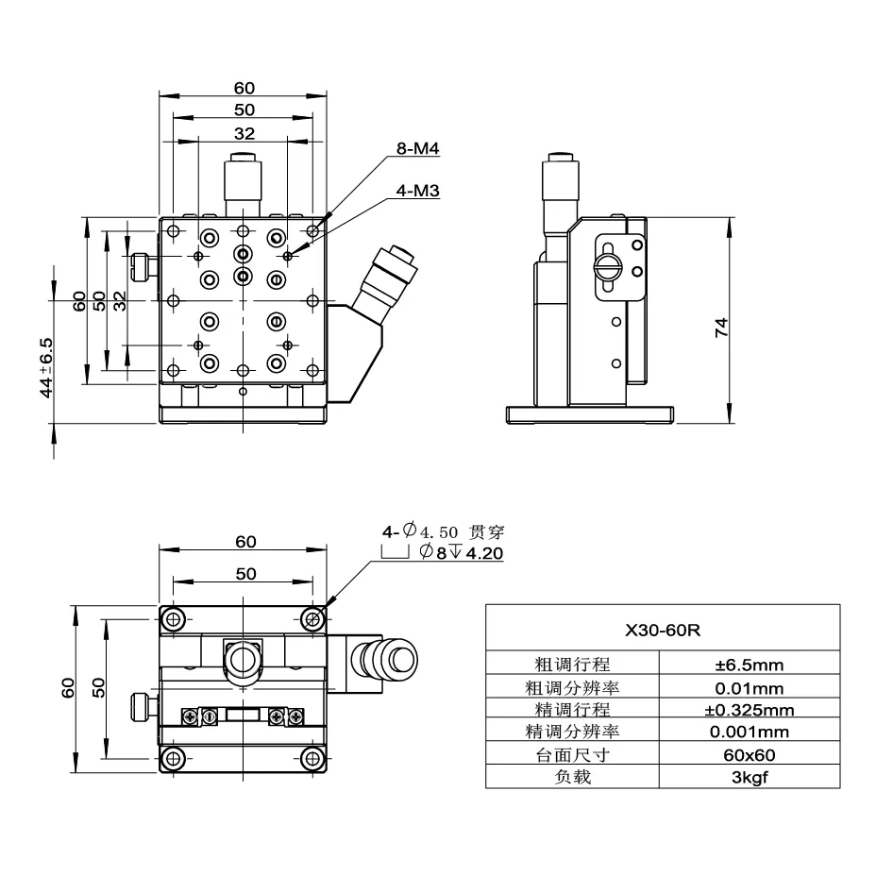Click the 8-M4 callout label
(x=418, y=149)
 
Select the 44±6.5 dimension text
(x=46, y=367)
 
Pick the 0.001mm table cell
(x=750, y=732)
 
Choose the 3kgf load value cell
(x=750, y=777)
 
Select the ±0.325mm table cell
(x=750, y=710)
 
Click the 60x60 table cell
(x=750, y=754)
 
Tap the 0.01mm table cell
(x=750, y=687)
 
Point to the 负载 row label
(x=572, y=777)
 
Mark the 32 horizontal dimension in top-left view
(x=243, y=133)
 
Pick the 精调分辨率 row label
(x=572, y=732)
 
